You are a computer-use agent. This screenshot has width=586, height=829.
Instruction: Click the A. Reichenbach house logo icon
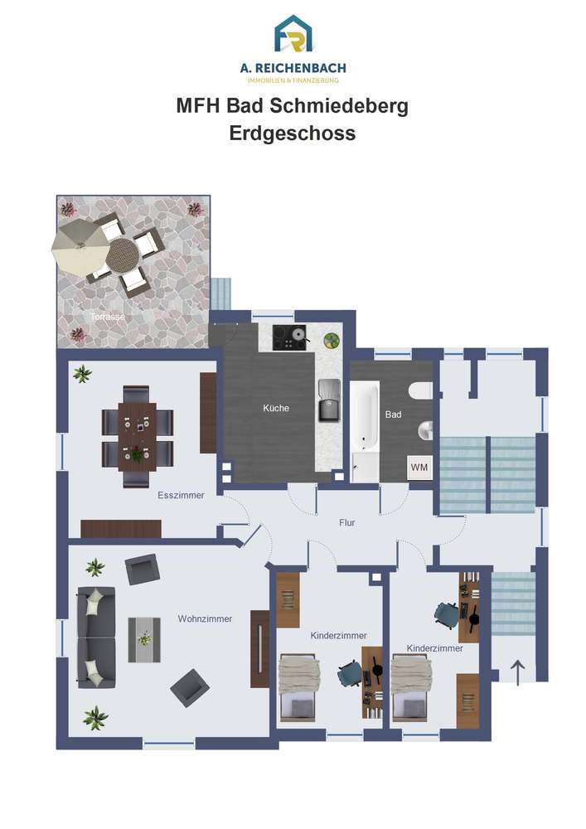click(x=293, y=34)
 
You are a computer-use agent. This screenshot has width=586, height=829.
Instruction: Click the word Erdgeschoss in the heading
click(x=293, y=133)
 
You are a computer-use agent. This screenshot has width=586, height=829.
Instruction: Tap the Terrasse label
click(x=108, y=317)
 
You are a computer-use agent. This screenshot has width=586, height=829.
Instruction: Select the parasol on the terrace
click(x=80, y=247)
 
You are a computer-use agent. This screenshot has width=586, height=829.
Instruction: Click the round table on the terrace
click(x=122, y=255)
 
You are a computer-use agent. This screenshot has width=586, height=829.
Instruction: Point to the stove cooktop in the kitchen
click(x=289, y=337)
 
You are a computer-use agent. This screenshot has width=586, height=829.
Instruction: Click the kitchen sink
click(x=328, y=400)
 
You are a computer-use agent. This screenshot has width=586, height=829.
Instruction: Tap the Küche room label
click(x=276, y=408)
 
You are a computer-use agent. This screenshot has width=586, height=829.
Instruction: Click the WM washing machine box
click(x=419, y=468)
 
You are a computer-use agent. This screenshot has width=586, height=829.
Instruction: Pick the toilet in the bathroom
click(x=422, y=390)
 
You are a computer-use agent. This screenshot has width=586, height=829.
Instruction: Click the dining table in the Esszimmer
click(x=137, y=437)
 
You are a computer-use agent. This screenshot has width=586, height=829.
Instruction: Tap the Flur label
click(x=347, y=522)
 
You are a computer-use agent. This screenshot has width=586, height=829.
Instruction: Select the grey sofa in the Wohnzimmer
click(x=96, y=637)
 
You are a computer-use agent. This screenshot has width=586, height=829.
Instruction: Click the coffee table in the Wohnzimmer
click(x=144, y=640)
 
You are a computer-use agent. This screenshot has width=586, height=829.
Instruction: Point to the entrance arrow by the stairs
click(x=518, y=672)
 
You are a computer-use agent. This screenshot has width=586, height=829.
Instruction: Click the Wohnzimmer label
click(x=205, y=618)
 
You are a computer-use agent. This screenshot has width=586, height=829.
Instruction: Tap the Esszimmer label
click(x=181, y=496)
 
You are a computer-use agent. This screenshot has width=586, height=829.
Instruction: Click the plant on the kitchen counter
click(x=332, y=341)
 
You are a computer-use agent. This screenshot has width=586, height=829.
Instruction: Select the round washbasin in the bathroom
click(x=425, y=431)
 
